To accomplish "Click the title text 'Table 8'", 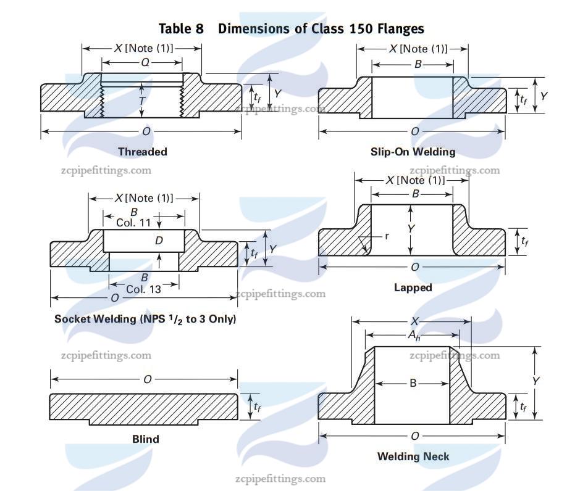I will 181,28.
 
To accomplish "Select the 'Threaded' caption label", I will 142,151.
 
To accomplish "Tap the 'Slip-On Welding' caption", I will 413,151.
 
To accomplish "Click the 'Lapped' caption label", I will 413,287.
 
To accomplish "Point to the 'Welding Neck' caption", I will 413,456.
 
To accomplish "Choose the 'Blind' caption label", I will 145,439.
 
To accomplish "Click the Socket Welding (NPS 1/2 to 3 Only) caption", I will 145,319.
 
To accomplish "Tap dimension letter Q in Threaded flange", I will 145,62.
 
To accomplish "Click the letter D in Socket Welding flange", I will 159,241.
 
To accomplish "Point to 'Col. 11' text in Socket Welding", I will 133,223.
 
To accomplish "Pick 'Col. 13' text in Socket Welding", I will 143,289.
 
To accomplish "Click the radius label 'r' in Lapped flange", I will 387,236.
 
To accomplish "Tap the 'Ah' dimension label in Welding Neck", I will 413,334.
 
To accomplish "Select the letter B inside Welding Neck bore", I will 413,383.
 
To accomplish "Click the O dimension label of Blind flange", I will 147,379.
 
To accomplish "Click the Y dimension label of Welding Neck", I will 535,382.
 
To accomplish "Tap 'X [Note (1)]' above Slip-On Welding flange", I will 418,49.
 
